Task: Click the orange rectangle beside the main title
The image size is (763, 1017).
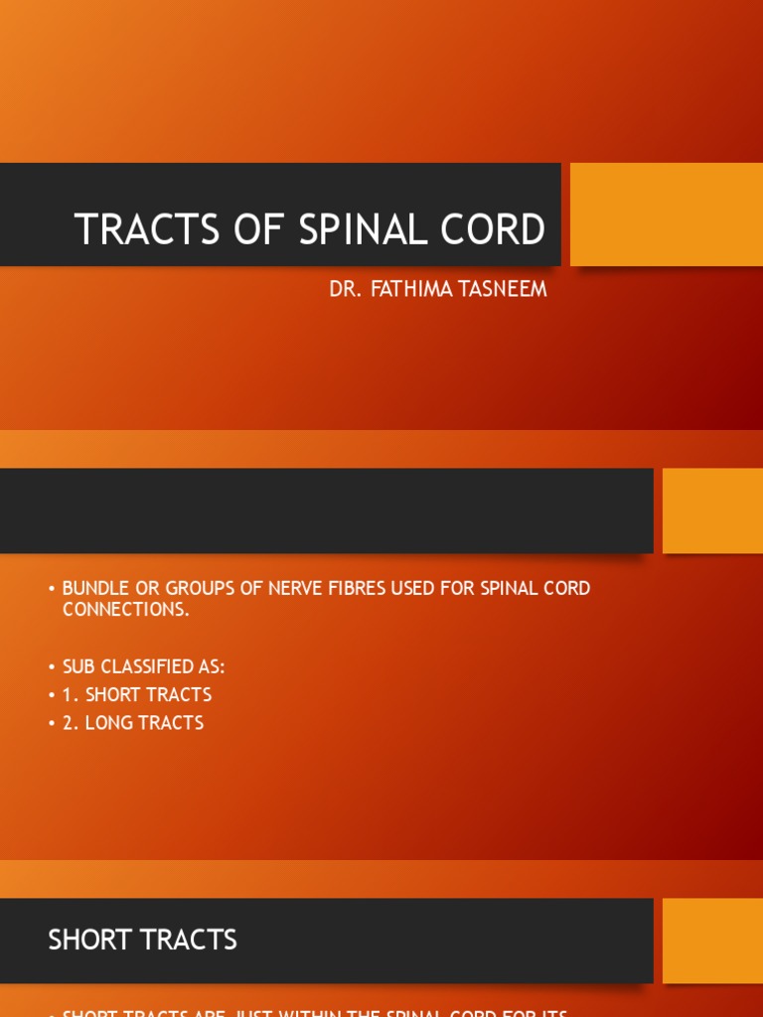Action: pyautogui.click(x=666, y=215)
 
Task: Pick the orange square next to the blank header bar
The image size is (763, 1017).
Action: pyautogui.click(x=712, y=510)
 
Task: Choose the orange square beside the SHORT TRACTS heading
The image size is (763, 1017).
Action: pyautogui.click(x=712, y=941)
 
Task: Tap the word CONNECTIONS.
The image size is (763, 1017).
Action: pyautogui.click(x=125, y=610)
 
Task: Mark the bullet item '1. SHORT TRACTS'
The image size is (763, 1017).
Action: pyautogui.click(x=137, y=694)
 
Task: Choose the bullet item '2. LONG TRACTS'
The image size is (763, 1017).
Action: pyautogui.click(x=133, y=723)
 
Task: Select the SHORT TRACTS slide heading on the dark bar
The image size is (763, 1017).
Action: pyautogui.click(x=142, y=940)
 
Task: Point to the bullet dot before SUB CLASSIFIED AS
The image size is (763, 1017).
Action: pyautogui.click(x=52, y=667)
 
